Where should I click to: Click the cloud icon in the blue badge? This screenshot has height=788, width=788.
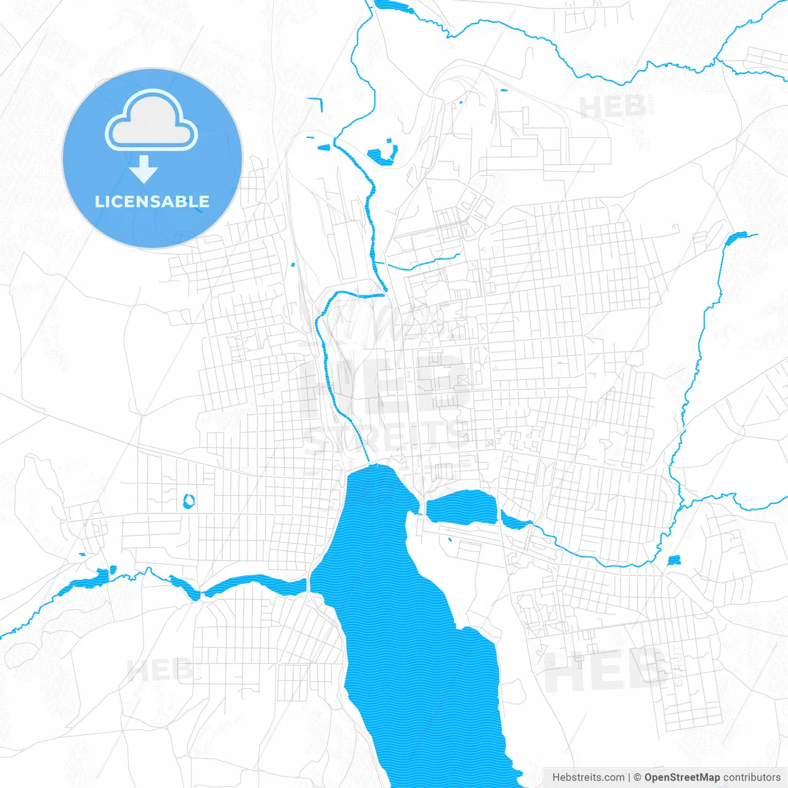point(151,121)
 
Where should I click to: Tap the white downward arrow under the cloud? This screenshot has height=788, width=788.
point(144,169)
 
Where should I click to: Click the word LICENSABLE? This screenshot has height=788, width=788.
point(152,201)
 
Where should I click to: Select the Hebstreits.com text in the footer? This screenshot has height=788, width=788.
point(589,778)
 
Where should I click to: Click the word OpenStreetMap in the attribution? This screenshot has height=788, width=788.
point(682,778)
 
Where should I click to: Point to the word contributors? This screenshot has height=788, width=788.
point(752,778)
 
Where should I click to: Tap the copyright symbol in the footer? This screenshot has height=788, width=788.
point(638,778)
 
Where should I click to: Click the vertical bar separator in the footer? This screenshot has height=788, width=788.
point(630,778)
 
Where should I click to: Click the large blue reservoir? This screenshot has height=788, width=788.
point(406,616)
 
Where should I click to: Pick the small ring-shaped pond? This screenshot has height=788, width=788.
point(189,501)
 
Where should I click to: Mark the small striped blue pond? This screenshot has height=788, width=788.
point(674,560)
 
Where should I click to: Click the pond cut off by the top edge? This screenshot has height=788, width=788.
point(394,6)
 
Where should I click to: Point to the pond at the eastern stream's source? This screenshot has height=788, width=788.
point(736,237)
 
